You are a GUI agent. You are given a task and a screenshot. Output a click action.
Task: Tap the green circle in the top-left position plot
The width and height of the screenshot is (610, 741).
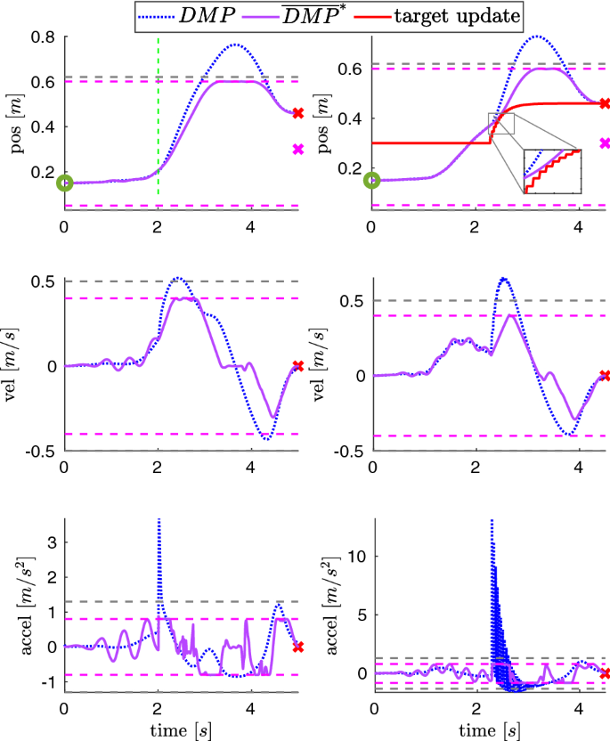coord(64,183)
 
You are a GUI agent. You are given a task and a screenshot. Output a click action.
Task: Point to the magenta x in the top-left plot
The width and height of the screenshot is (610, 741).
coord(297,149)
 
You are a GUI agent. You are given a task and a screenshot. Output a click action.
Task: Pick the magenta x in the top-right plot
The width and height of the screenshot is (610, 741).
coord(605,142)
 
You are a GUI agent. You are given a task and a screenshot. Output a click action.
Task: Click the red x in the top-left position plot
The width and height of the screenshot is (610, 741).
coord(297,113)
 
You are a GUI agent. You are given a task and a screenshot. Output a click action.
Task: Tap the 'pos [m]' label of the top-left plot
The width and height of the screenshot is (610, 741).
coord(15,123)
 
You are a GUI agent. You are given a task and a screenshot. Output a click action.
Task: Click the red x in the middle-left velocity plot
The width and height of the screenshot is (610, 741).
coord(297,365)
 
